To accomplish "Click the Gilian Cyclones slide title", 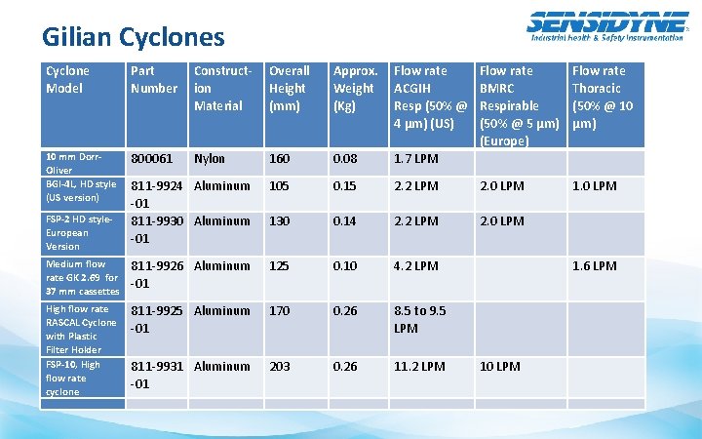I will (x=133, y=37).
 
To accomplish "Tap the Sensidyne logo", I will (x=605, y=25).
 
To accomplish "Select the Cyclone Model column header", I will (x=67, y=79).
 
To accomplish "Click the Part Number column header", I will (x=152, y=79).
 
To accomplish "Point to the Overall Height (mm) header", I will (x=290, y=88).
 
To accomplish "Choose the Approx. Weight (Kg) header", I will (x=355, y=88).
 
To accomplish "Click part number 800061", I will (x=151, y=158).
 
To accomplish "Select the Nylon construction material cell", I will (x=210, y=158).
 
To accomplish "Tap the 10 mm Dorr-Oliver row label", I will (x=73, y=163).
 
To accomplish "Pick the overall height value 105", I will (x=281, y=185).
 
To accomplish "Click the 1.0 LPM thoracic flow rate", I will (x=594, y=185).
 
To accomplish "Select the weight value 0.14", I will (x=346, y=220).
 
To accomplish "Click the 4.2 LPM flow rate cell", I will (x=416, y=265).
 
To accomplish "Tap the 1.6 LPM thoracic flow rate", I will (x=594, y=265).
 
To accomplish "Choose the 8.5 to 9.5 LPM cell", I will (x=419, y=319).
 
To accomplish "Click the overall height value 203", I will (x=281, y=366).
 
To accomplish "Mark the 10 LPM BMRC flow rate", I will (x=500, y=366).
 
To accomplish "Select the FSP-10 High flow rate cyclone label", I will (x=73, y=379).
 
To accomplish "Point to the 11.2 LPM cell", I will (x=419, y=366).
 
